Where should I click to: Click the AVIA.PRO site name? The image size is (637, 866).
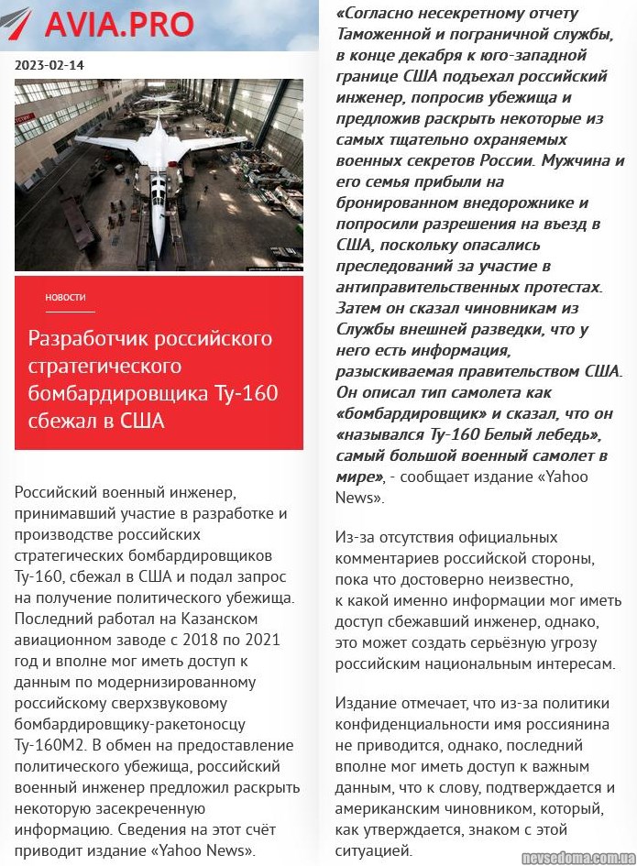coord(119,24)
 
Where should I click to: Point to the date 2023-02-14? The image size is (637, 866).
coord(50,65)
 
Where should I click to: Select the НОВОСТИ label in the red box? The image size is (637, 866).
coord(66,297)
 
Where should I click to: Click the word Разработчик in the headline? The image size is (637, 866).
coord(85,338)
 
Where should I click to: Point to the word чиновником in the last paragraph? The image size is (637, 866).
coord(469,809)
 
